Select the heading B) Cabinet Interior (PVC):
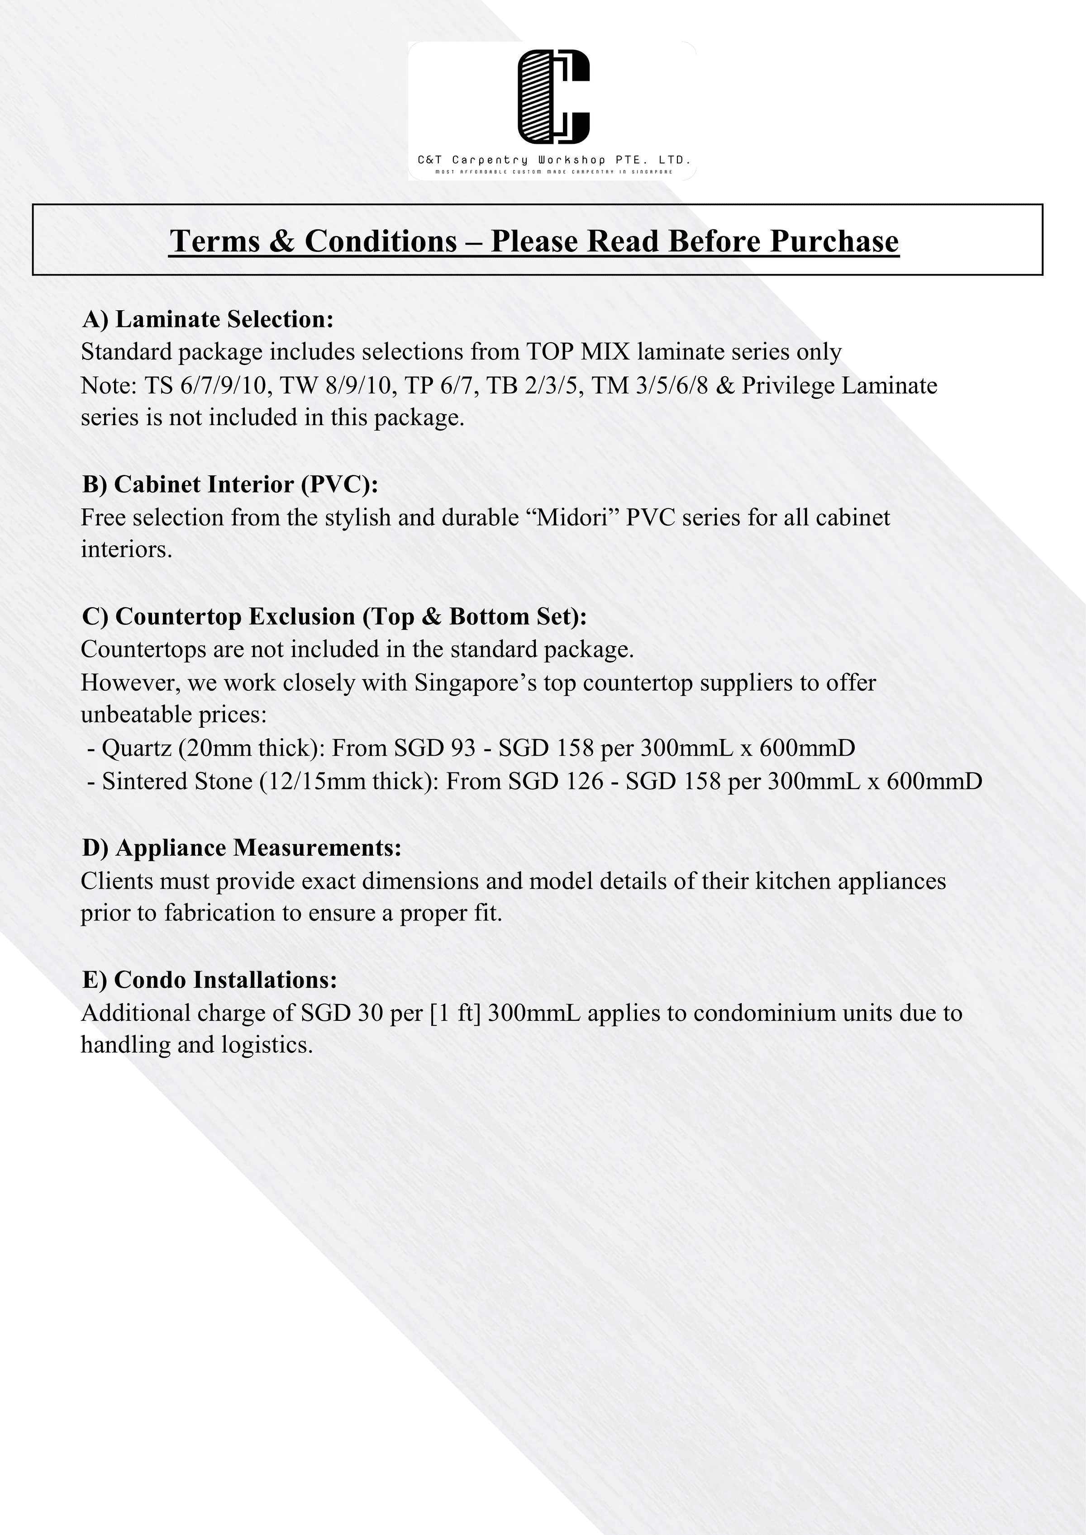(x=230, y=484)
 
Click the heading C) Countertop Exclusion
(x=334, y=616)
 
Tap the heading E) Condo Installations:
(x=210, y=980)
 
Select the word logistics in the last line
(x=267, y=1045)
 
